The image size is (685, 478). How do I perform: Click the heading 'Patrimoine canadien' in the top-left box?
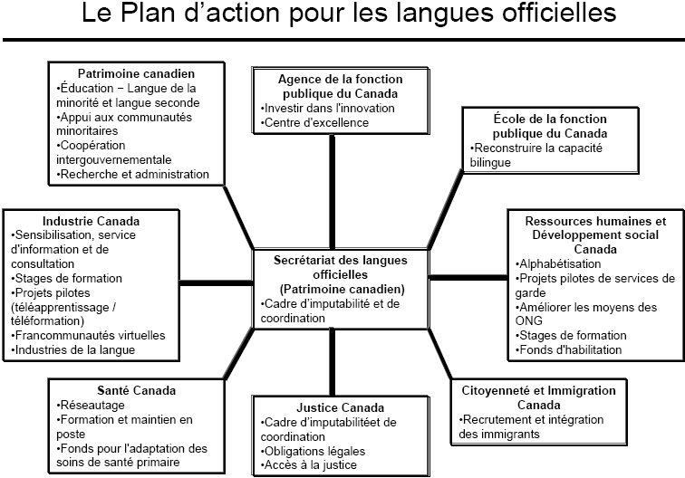[x=136, y=73]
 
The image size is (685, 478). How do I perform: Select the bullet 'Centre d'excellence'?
[x=315, y=122]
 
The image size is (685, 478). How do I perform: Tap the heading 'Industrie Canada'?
[x=91, y=221]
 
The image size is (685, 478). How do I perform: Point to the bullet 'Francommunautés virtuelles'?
[x=88, y=335]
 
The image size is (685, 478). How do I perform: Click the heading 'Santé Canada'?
[x=136, y=390]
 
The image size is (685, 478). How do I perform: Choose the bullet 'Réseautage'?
[x=91, y=405]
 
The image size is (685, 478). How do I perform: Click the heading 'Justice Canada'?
[x=341, y=407]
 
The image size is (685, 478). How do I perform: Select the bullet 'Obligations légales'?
[x=313, y=451]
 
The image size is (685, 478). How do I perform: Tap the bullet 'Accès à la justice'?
[x=308, y=465]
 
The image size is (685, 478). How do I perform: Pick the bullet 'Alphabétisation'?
[x=558, y=263]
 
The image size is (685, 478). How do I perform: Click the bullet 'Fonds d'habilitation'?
[x=568, y=349]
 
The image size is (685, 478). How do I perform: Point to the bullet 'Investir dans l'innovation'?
[x=328, y=108]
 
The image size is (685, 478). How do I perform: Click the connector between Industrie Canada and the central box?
[x=217, y=282]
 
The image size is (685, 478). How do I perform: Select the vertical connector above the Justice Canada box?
[x=332, y=362]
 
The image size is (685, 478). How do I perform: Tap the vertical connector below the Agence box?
[x=332, y=192]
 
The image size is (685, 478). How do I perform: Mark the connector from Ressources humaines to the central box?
[x=468, y=277]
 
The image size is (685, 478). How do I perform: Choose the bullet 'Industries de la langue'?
[x=73, y=349]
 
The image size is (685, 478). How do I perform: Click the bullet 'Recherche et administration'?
[x=132, y=174]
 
